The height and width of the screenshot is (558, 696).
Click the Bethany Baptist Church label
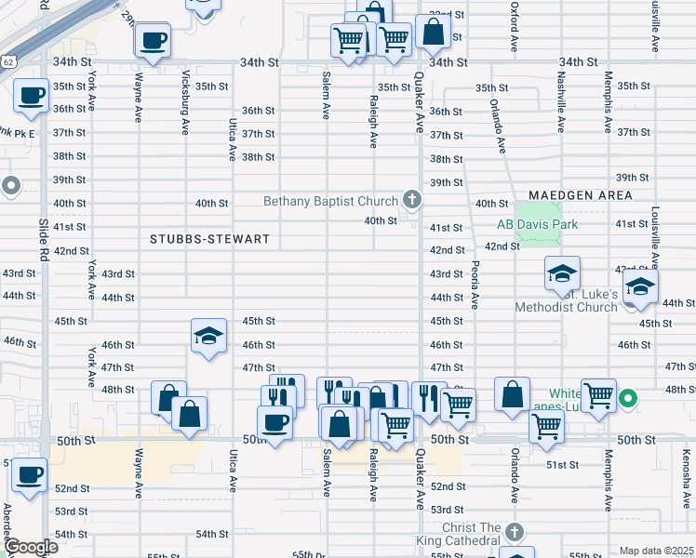click(x=330, y=201)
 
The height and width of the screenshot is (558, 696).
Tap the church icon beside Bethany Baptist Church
click(x=411, y=199)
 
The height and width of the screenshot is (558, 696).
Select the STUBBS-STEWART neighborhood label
click(x=209, y=239)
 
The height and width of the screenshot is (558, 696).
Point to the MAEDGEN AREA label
click(x=581, y=195)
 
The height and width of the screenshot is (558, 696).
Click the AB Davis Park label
click(x=537, y=224)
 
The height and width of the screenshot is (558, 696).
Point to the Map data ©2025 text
click(x=657, y=551)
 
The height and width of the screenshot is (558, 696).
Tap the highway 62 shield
click(x=7, y=61)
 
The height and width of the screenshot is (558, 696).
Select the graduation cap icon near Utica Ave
click(x=208, y=336)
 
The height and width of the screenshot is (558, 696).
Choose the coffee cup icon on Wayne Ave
click(x=153, y=40)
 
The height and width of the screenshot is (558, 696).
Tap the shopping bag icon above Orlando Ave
click(x=512, y=394)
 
